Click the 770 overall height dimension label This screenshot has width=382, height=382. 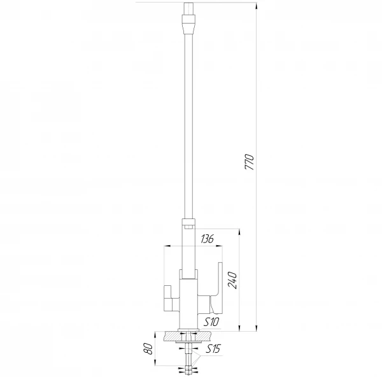(x=250, y=162)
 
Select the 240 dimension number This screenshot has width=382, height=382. (x=232, y=280)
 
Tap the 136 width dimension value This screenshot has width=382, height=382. (x=207, y=239)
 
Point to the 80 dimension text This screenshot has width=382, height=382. (x=148, y=349)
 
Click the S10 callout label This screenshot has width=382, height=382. (x=211, y=322)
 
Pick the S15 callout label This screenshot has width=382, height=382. (x=213, y=349)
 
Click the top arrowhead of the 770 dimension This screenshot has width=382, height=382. (x=257, y=6)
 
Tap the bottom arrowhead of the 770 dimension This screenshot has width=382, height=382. (x=257, y=328)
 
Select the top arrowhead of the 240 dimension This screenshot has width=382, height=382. (x=240, y=232)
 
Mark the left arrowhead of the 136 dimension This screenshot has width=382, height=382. (x=167, y=246)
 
